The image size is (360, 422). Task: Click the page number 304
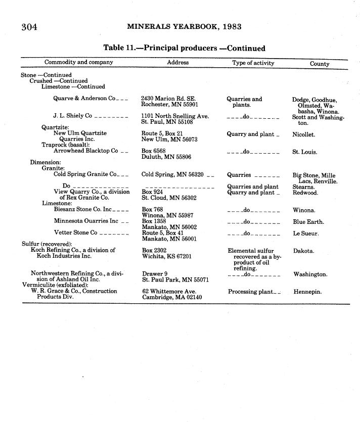[x=29, y=27]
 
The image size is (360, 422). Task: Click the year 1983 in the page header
[x=231, y=27]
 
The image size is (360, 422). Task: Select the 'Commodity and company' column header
[x=79, y=63]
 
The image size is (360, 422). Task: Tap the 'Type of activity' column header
[x=253, y=63]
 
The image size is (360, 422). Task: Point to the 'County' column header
[x=320, y=64]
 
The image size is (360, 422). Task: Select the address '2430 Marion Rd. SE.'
[x=168, y=99]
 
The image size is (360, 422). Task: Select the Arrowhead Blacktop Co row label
[x=85, y=151]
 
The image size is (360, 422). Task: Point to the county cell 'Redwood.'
[x=305, y=193]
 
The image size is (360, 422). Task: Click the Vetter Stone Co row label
[x=75, y=233]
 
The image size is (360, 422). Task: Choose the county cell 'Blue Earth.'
[x=308, y=222]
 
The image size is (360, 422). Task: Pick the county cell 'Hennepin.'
[x=307, y=292]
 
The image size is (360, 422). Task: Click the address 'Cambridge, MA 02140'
[x=172, y=298]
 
